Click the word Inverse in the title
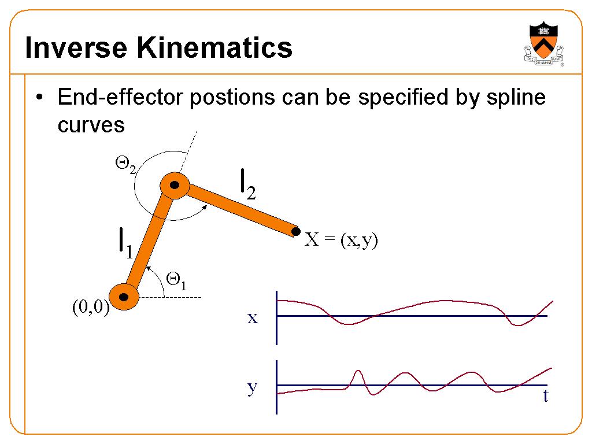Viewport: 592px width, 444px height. point(76,47)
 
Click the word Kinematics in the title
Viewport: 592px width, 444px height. point(214,47)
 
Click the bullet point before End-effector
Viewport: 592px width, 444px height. point(39,97)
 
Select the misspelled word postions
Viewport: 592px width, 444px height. point(232,98)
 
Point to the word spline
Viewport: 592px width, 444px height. point(516,97)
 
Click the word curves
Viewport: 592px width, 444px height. point(91,125)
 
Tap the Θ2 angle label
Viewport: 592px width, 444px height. point(125,165)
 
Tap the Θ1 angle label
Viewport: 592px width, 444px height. point(176,282)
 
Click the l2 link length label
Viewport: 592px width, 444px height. point(248,184)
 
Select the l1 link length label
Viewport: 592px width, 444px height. point(125,243)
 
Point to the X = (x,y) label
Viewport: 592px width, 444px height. point(341,240)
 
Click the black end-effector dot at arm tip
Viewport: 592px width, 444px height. point(296,231)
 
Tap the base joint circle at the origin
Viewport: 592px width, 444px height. point(124,297)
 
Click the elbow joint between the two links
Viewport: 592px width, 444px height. point(175,185)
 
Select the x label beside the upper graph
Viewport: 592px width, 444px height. point(253,318)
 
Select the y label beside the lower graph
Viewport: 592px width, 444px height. point(253,387)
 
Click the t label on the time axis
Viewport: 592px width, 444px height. point(546,395)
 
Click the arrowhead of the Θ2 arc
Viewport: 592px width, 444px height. point(205,207)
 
